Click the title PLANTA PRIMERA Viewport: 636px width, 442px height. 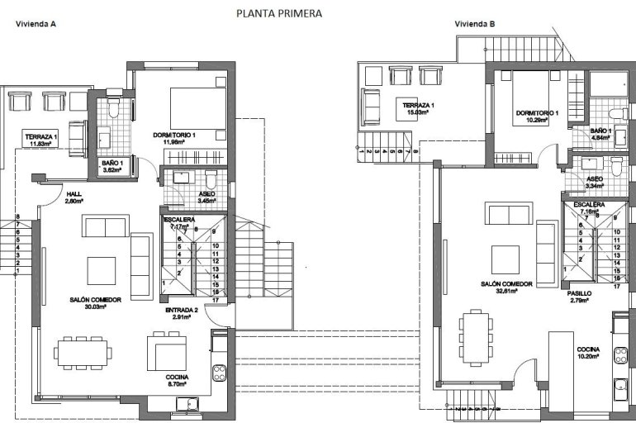pos(278,13)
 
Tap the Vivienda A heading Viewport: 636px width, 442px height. pos(36,24)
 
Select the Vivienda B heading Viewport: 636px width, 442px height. pos(475,24)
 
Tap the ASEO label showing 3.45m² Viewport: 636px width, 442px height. pos(207,197)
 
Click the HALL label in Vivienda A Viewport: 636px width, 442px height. pos(74,197)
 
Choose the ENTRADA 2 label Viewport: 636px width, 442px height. pos(181,312)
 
